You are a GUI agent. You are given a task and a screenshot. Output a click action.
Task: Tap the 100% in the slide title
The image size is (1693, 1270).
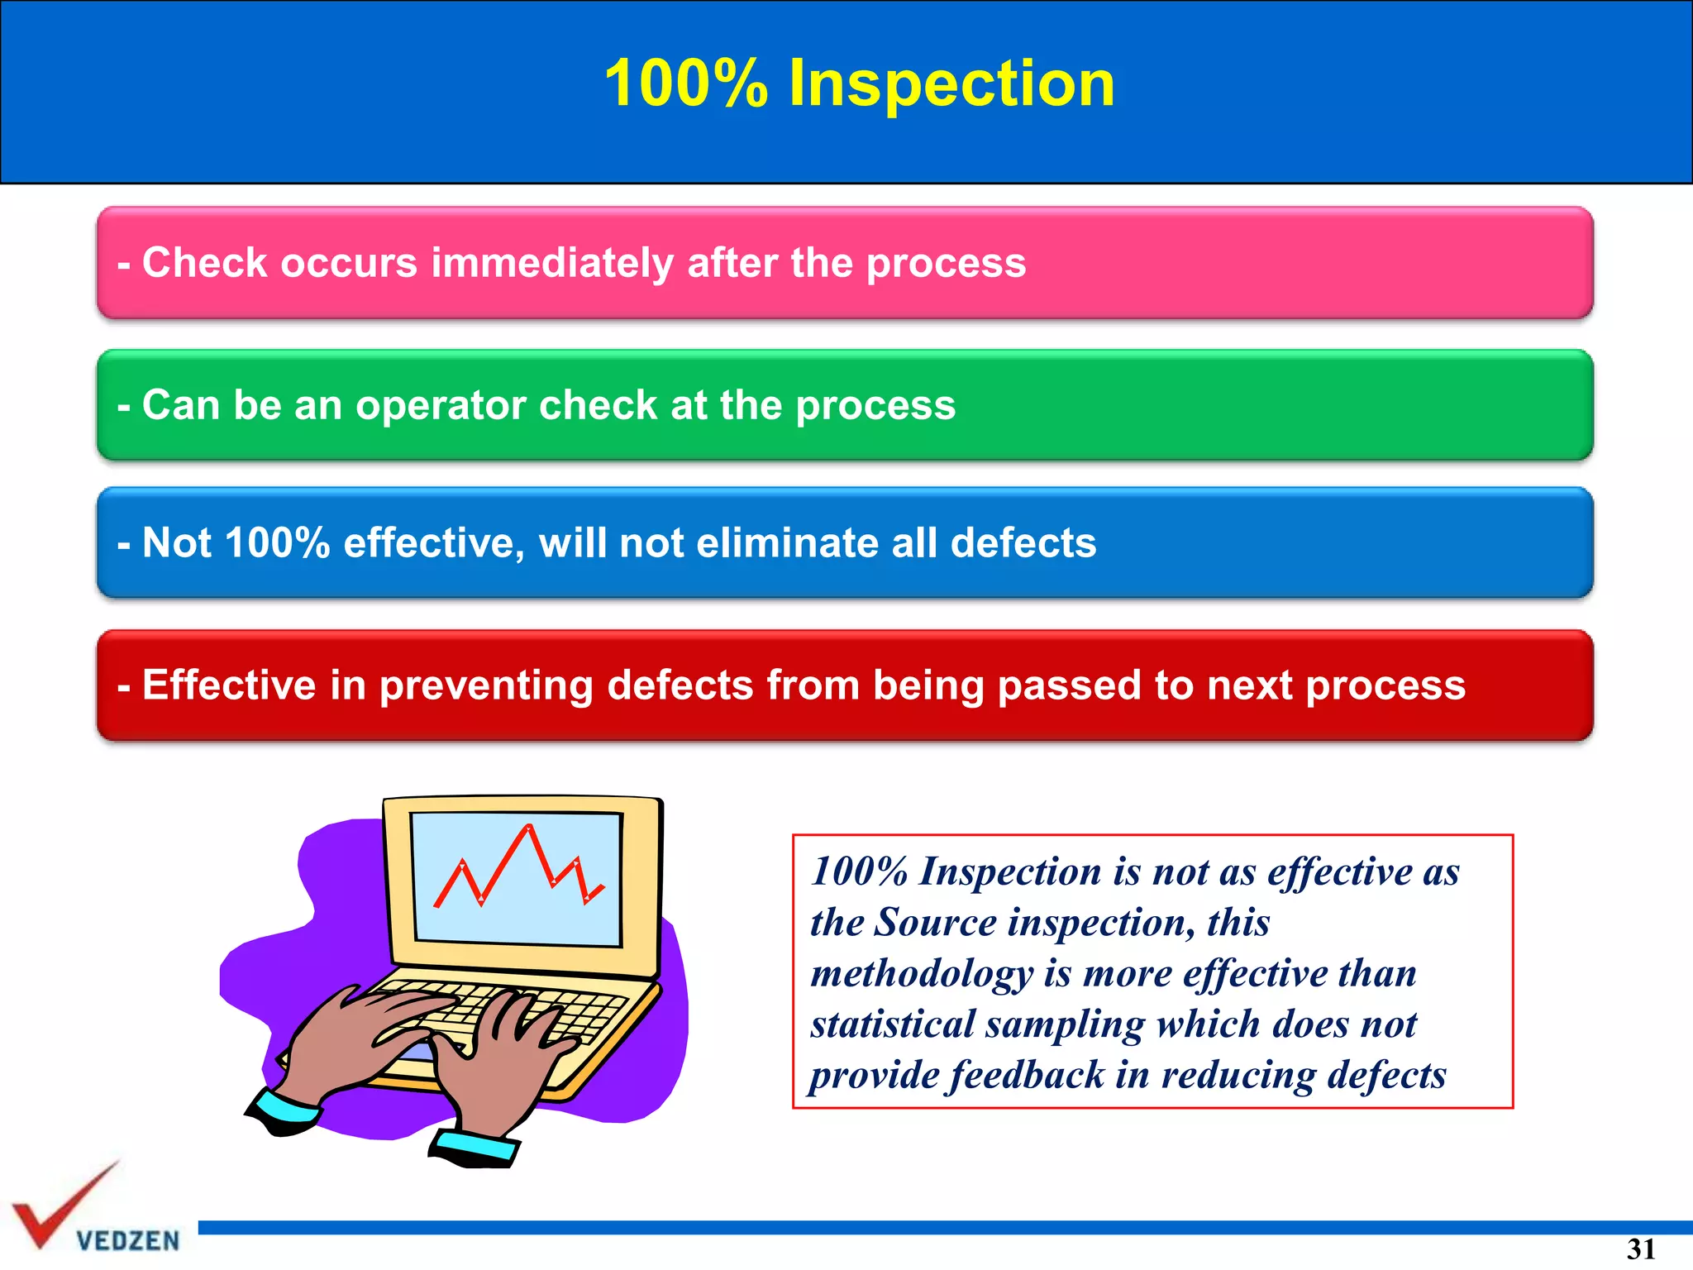[x=686, y=84]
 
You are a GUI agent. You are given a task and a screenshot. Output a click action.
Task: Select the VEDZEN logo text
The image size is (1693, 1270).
[x=127, y=1240]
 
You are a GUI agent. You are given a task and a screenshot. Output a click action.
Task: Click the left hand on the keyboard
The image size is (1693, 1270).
[x=364, y=1042]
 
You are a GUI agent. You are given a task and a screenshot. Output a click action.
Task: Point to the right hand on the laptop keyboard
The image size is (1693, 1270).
[x=504, y=1058]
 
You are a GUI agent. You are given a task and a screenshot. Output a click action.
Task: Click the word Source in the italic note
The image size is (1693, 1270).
[x=935, y=922]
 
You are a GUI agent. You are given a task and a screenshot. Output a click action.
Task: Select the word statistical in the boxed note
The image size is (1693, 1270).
[x=893, y=1024]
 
